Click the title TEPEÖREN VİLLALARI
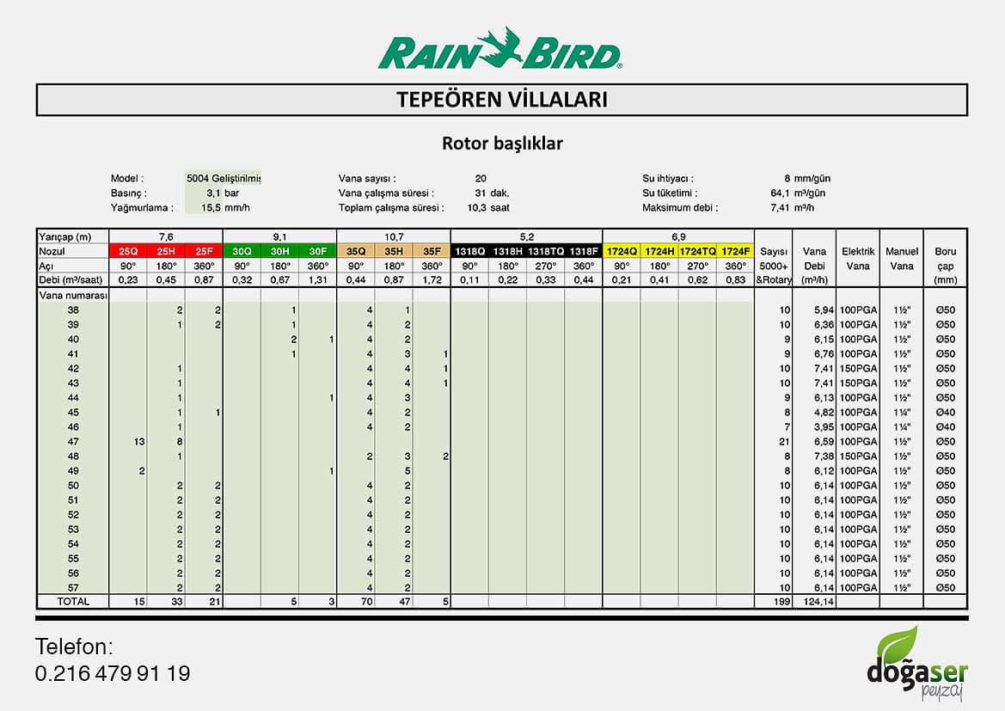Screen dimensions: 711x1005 pos(502,100)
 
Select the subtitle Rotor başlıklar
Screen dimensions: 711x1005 pos(502,143)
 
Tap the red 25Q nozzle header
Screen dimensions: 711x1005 pos(128,251)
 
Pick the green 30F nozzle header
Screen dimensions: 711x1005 pos(317,251)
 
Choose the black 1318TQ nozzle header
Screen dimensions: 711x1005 pos(545,251)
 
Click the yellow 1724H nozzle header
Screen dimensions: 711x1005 pos(659,251)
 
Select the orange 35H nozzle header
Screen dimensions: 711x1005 pos(393,251)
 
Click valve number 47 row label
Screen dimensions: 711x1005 pos(73,441)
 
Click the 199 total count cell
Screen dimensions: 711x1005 pos(781,602)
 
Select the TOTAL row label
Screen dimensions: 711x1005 pos(73,602)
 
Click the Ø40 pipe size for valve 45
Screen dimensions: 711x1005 pos(945,412)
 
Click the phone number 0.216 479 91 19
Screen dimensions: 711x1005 pos(113,673)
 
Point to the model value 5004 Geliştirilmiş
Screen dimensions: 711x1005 pos(223,178)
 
